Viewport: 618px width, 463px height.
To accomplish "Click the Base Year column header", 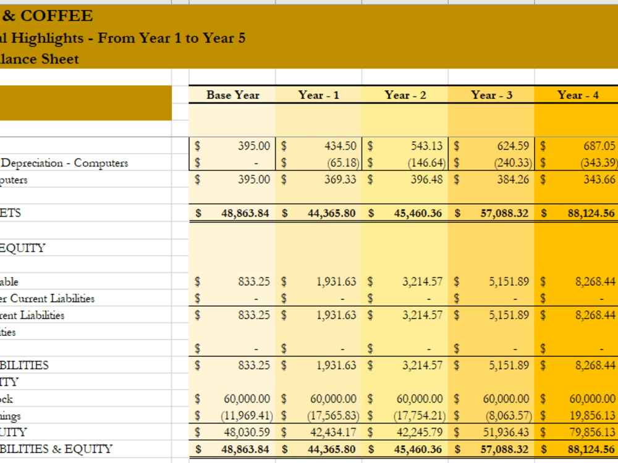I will coord(232,95).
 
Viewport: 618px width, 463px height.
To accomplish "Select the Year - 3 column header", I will coord(491,95).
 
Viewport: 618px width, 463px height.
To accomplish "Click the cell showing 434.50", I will coord(340,146).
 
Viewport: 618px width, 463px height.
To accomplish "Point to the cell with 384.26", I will coord(513,180).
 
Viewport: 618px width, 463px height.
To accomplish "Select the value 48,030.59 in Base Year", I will coord(246,432).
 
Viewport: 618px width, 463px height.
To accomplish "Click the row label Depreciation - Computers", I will coord(64,163).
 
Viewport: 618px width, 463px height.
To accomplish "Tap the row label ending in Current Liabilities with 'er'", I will coord(48,298).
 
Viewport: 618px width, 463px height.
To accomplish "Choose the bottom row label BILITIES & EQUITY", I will coord(56,449).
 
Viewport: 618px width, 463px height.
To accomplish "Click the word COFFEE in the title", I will coord(56,16).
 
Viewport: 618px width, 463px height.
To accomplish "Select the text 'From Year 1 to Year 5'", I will coord(171,38).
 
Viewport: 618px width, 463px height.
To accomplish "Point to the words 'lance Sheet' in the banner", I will coord(40,59).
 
